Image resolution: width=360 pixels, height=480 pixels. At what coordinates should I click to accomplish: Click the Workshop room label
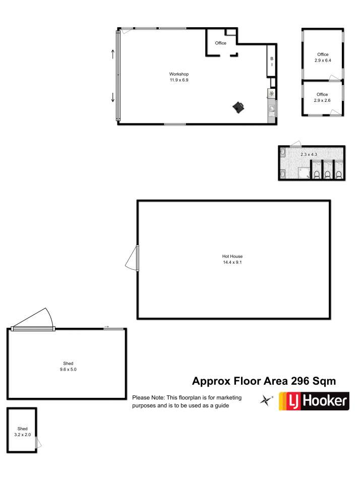pos(179,74)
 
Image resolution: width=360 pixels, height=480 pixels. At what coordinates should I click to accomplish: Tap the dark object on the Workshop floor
pos(239,107)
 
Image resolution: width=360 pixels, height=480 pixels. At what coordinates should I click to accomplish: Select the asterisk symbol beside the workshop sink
pos(272,94)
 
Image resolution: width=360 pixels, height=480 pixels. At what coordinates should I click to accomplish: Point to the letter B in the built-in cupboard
pos(272,58)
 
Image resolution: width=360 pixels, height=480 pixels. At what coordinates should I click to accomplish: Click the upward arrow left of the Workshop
pos(112,54)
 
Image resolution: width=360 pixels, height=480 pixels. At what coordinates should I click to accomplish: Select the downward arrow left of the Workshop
pos(112,97)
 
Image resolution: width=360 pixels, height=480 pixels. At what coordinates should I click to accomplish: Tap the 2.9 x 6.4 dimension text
pos(323,61)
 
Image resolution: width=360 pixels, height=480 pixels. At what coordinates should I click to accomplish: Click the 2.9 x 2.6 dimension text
pos(322,100)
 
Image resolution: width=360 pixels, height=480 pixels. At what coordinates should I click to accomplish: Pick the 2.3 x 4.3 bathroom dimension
pos(309,154)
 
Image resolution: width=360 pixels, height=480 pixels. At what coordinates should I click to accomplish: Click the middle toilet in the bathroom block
pos(328,174)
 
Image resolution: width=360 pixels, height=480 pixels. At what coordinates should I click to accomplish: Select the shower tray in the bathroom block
pos(304,173)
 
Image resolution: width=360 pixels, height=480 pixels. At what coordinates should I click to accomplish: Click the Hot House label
pos(232,256)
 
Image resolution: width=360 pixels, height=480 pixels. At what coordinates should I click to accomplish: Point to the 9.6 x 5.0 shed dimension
pos(68,370)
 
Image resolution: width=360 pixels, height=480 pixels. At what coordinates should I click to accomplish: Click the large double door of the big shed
pos(33,328)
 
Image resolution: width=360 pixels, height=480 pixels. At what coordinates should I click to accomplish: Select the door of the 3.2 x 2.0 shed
pos(38,443)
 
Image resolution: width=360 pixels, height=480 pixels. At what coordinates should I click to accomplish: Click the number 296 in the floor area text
pos(300,381)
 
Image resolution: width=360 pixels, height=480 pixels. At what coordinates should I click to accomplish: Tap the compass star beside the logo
pos(266,400)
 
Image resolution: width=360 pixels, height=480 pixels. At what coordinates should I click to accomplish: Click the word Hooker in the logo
pos(325,401)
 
